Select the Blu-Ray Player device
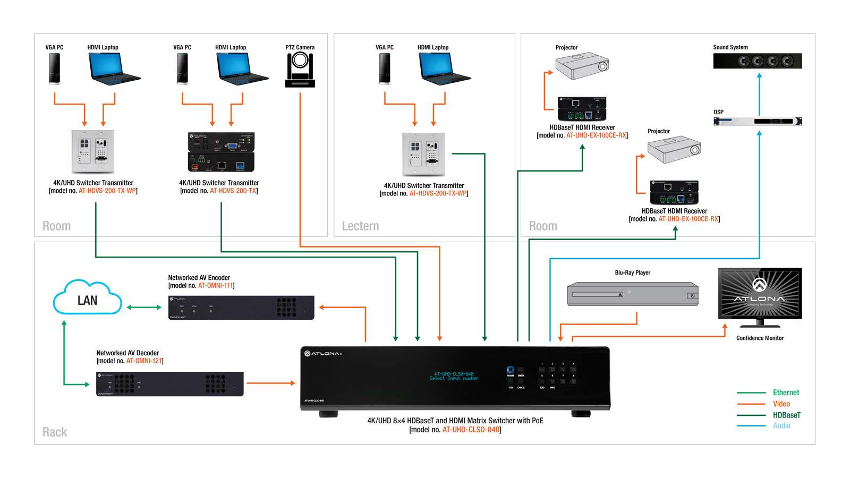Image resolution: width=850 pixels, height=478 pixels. click(632, 294)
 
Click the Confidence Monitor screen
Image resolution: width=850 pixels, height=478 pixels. click(760, 293)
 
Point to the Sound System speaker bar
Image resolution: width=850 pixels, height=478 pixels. click(757, 61)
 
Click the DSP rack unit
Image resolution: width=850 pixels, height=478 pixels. click(757, 121)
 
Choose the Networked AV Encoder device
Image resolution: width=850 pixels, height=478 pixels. click(241, 308)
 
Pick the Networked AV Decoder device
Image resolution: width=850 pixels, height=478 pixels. click(169, 384)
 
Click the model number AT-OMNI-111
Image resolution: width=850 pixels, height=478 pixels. click(216, 286)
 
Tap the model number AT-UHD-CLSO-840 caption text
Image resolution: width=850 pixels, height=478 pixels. click(471, 430)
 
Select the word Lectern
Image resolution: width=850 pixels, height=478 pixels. click(360, 226)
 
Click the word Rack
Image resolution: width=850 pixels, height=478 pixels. click(55, 432)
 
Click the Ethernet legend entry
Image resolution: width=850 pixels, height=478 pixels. click(786, 392)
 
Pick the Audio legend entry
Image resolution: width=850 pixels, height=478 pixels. click(781, 425)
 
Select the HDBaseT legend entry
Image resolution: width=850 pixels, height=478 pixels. click(786, 415)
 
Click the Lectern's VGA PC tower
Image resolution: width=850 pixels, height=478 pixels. click(385, 69)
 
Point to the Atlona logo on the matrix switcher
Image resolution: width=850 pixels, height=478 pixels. click(323, 353)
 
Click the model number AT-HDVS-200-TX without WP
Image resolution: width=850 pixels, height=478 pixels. click(233, 191)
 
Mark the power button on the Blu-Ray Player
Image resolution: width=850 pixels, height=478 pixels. click(692, 296)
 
